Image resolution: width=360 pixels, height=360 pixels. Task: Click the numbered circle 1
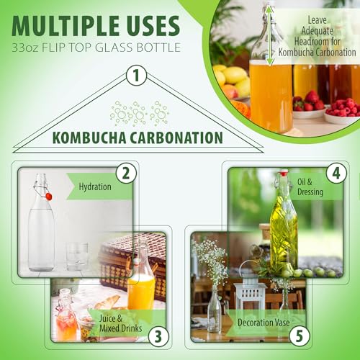[136, 75]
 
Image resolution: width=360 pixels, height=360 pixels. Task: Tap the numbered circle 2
[126, 174]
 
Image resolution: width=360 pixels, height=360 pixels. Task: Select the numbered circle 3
[158, 336]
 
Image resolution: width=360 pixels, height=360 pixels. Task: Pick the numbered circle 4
[336, 174]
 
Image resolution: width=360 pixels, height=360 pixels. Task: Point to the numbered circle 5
[300, 336]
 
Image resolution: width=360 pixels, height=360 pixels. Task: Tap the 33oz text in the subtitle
[25, 48]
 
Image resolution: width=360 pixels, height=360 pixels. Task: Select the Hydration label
[95, 186]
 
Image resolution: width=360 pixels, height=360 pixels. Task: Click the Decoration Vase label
[264, 323]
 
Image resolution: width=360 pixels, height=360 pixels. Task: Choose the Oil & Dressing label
[310, 187]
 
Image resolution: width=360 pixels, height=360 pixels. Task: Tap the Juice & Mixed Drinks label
[120, 323]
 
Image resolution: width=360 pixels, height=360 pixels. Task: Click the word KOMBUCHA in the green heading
[89, 138]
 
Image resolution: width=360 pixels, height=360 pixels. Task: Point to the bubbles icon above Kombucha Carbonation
[140, 113]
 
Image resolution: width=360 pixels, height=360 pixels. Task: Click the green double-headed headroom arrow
[270, 35]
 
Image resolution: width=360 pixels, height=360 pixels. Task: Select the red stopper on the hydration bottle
[49, 197]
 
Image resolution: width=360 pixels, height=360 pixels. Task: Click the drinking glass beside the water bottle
[77, 256]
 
